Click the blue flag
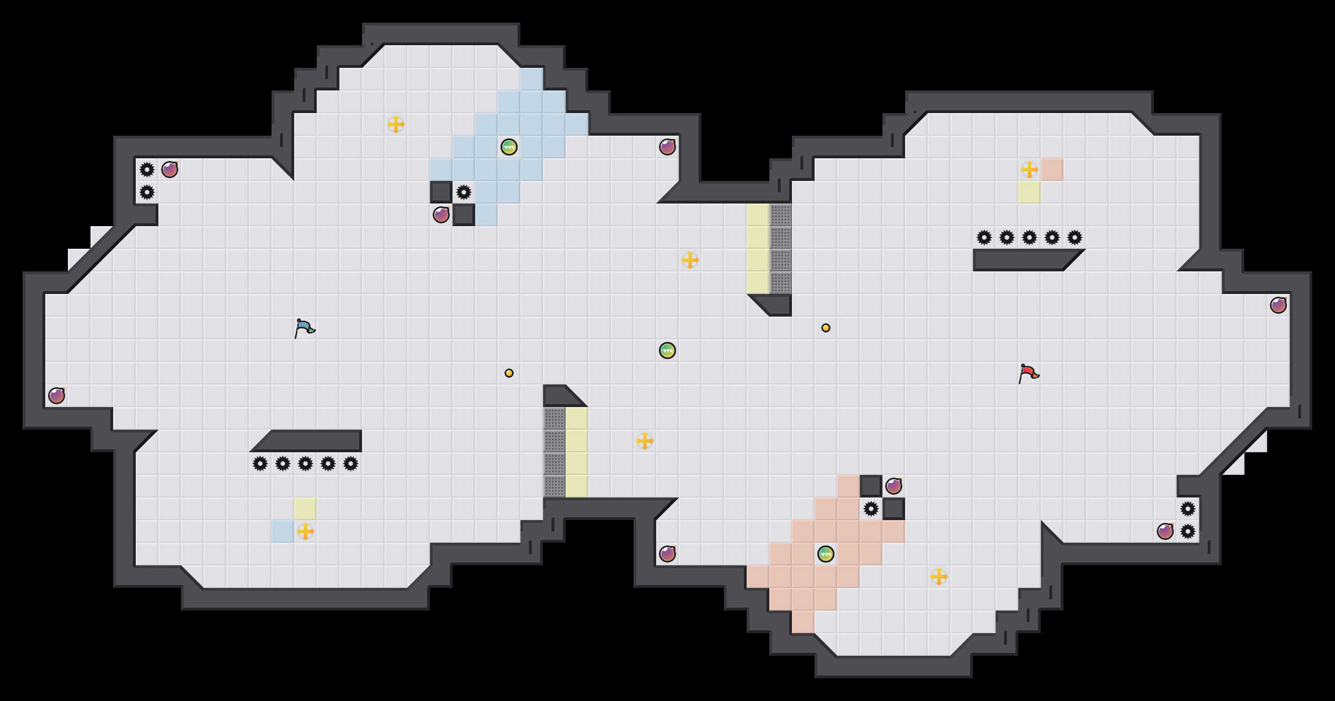pos(304,328)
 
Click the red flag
pos(1028,373)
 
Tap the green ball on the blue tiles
pos(509,147)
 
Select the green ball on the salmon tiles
pos(826,554)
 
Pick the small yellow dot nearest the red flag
pos(826,328)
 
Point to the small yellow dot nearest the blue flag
pos(509,373)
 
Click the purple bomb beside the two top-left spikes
pos(170,170)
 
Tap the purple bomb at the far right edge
pos(1278,305)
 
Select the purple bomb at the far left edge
pos(57,396)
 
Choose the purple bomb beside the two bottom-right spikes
pos(1165,531)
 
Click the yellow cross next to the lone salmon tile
pos(1030,170)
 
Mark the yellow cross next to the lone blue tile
pos(305,531)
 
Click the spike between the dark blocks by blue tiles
pos(464,192)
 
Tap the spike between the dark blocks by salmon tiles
pos(871,509)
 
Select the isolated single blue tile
pos(283,531)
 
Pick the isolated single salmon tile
pos(1052,170)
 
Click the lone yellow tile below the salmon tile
pos(1030,192)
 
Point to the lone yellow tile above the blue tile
pos(305,509)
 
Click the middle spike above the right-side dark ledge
pos(1030,237)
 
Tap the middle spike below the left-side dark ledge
pos(305,464)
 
